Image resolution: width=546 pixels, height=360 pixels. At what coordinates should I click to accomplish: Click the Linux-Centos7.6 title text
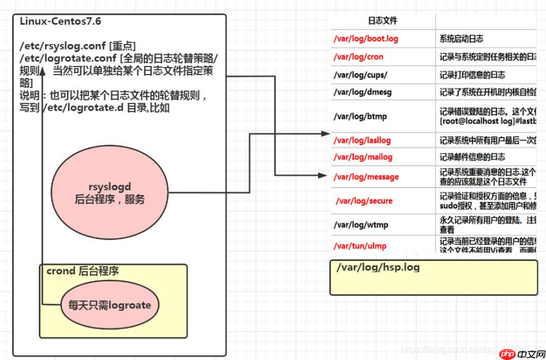61,21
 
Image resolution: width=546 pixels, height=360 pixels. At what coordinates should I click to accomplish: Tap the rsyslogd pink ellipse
110,192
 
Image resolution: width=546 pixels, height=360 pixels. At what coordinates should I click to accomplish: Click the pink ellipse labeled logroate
110,306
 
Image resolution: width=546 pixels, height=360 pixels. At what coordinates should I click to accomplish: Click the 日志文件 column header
383,21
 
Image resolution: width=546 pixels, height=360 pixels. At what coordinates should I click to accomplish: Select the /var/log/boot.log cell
366,39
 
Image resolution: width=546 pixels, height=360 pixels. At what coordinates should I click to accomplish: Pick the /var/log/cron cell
358,57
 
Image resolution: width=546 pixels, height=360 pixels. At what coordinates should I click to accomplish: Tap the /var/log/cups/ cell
360,75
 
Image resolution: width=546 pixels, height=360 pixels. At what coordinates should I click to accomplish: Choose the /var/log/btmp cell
360,116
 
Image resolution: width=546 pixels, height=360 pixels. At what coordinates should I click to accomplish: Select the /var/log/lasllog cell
363,140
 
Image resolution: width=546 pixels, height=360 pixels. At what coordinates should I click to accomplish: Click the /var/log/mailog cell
363,157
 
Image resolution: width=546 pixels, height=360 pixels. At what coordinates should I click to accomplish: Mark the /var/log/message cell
366,177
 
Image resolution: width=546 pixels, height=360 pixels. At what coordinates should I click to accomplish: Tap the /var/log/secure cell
364,201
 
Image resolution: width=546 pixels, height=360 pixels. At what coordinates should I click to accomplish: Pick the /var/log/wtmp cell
360,225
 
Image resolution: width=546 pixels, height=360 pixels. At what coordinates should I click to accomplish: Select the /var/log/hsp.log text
378,268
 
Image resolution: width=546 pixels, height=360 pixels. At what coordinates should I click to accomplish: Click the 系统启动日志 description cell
462,39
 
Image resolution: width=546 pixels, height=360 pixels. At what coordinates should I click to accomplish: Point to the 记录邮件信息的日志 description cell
473,157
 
